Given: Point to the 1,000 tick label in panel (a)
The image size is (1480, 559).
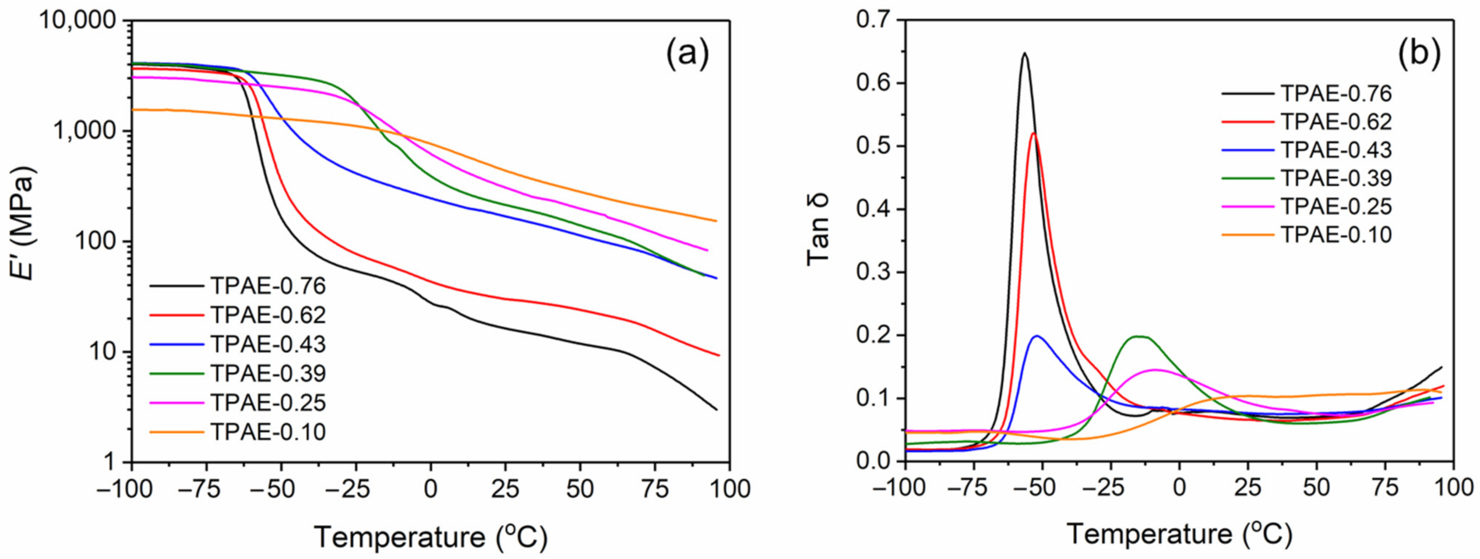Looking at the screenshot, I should (x=87, y=132).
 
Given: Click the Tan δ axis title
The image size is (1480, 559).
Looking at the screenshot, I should (x=818, y=230).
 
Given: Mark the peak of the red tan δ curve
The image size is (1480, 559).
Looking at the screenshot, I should (x=1034, y=133).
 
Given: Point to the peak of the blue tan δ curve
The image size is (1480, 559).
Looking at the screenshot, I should (x=1037, y=336).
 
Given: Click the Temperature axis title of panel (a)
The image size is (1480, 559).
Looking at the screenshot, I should (x=431, y=536).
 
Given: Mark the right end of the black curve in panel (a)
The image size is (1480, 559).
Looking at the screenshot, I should (x=716, y=409).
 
